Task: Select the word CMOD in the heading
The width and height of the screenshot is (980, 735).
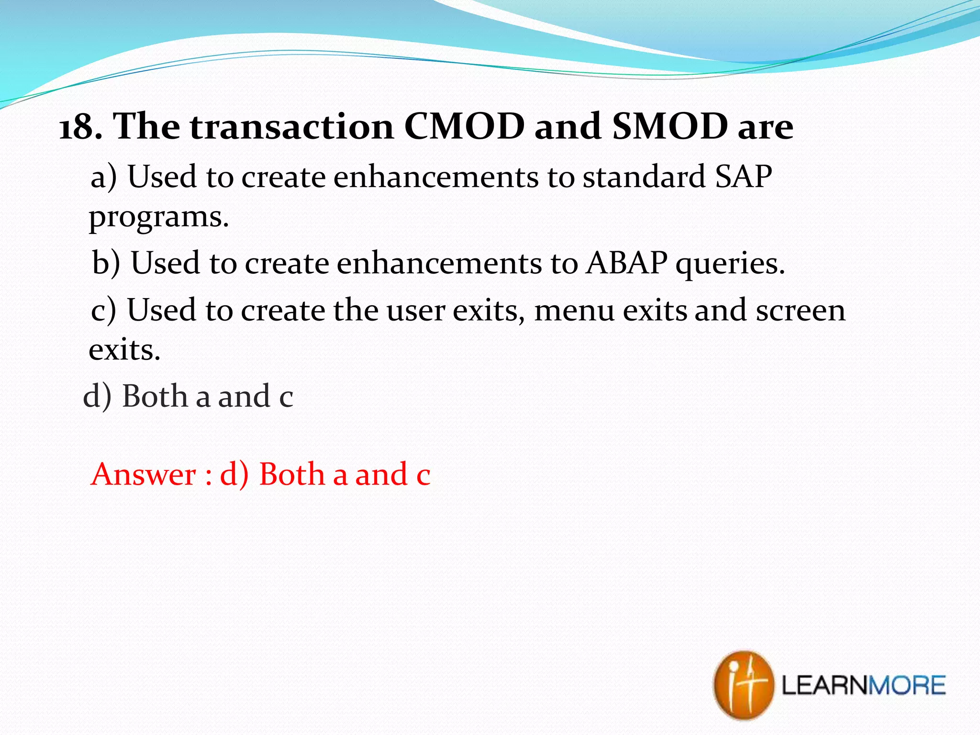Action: (464, 127)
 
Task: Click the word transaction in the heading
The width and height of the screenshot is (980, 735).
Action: (292, 127)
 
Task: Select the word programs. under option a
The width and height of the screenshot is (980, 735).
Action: (159, 218)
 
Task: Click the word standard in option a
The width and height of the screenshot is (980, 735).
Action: (644, 177)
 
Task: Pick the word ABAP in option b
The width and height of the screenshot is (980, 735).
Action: (627, 263)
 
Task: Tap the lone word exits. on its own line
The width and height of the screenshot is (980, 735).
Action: (124, 350)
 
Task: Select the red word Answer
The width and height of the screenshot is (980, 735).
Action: (144, 475)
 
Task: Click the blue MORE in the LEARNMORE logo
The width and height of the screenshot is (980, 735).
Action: (907, 686)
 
